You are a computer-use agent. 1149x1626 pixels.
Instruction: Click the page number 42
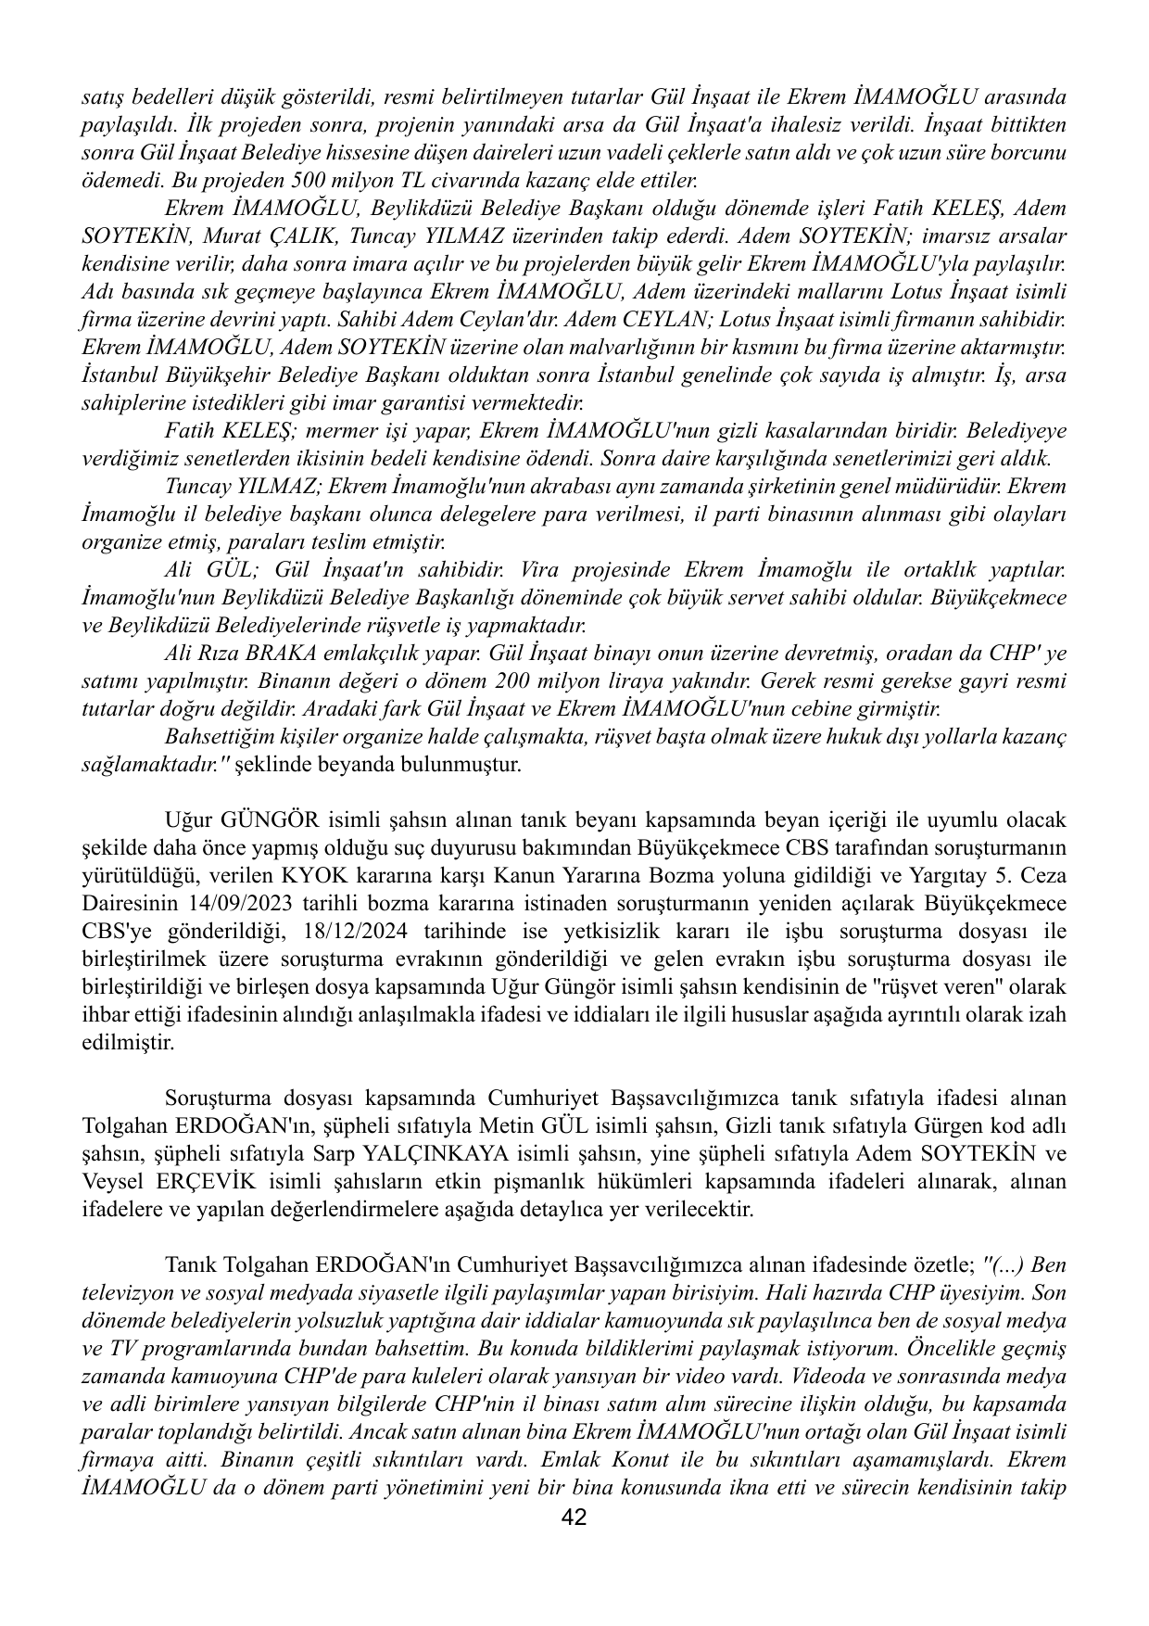coord(574,1518)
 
